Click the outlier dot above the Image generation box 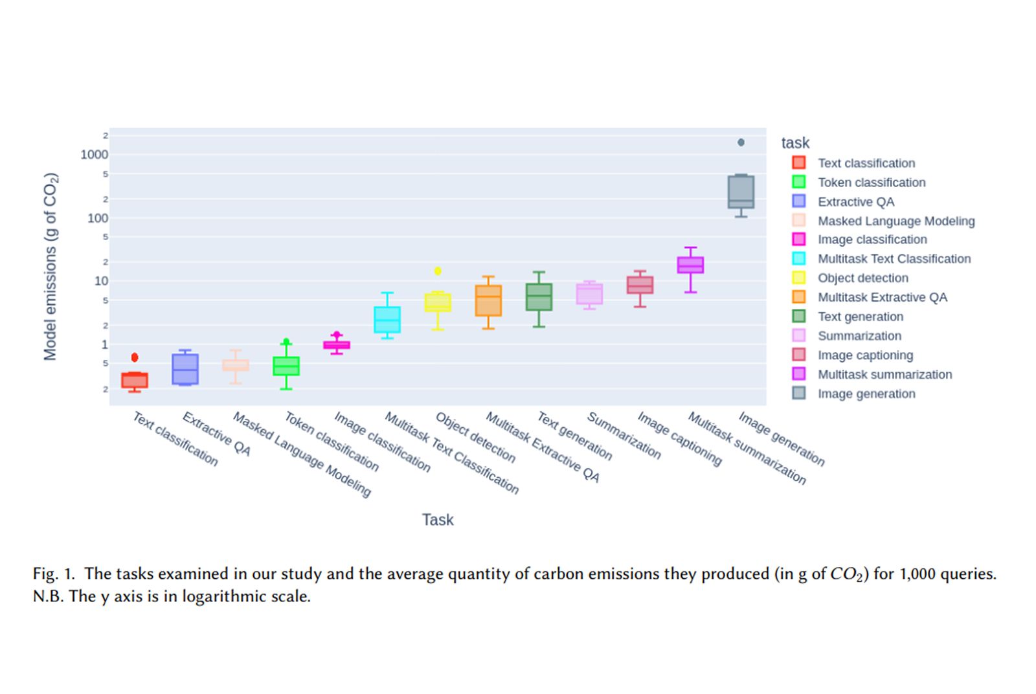pos(741,142)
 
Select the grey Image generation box pos(741,192)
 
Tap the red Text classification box pos(135,380)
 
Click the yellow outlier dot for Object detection pos(438,271)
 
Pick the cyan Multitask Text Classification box pos(387,320)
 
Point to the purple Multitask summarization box pos(690,265)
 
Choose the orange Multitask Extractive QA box pos(488,300)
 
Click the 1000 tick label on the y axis pos(95,155)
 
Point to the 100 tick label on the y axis pos(98,218)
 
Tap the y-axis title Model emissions pos(51,266)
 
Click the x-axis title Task pos(438,520)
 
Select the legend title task pos(795,143)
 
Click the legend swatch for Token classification pos(799,182)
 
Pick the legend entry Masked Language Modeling pos(895,221)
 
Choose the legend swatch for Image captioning pos(799,355)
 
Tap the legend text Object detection pos(862,278)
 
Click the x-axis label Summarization pos(624,436)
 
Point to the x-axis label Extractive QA pos(216,434)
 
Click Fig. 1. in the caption pos(54,574)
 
